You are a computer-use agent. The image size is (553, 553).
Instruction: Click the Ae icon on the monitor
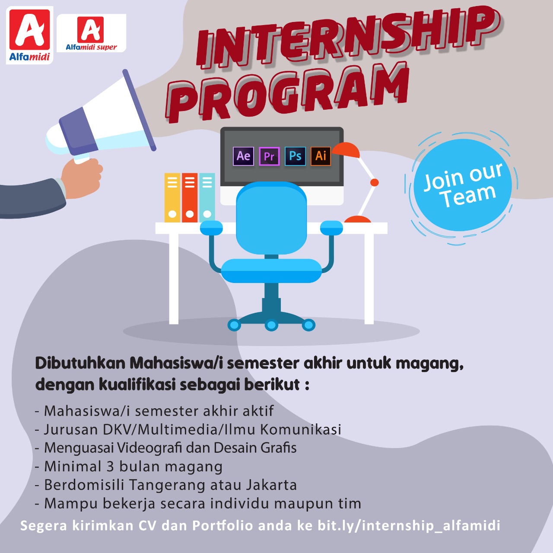click(x=243, y=156)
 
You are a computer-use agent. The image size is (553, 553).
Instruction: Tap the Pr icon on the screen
click(x=269, y=156)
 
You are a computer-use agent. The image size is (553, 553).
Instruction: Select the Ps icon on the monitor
click(x=295, y=156)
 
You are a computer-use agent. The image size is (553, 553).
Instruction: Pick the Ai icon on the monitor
click(x=321, y=156)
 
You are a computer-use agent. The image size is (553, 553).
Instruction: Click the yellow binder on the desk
click(x=172, y=197)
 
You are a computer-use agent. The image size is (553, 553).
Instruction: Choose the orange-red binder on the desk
click(x=190, y=197)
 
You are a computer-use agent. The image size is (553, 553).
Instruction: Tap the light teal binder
click(x=207, y=197)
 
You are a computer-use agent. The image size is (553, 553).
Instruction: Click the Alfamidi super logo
click(x=91, y=33)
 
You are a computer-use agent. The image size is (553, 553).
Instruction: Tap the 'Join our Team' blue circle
click(x=463, y=185)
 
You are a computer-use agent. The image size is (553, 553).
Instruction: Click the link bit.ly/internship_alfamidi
click(x=409, y=525)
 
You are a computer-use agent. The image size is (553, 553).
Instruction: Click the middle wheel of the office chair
click(x=271, y=325)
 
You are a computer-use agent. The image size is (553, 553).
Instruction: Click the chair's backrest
click(x=271, y=218)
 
